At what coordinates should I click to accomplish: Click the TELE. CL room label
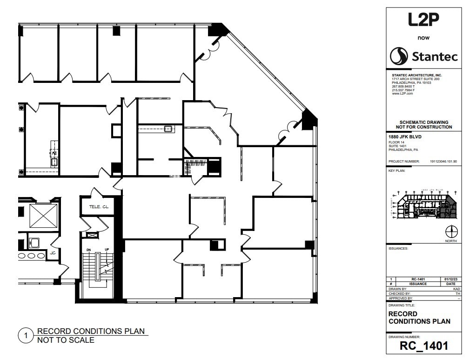98,207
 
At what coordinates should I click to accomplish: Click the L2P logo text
423,20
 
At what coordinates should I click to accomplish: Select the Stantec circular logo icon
399,57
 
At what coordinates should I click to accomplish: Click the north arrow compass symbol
451,231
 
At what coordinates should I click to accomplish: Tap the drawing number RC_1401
423,346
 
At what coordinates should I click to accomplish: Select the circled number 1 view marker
26,335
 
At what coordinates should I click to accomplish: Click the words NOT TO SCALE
66,340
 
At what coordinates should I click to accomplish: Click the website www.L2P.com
402,94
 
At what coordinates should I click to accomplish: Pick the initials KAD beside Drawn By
456,289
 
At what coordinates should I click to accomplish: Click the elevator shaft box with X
43,216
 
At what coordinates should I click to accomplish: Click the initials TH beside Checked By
457,293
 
